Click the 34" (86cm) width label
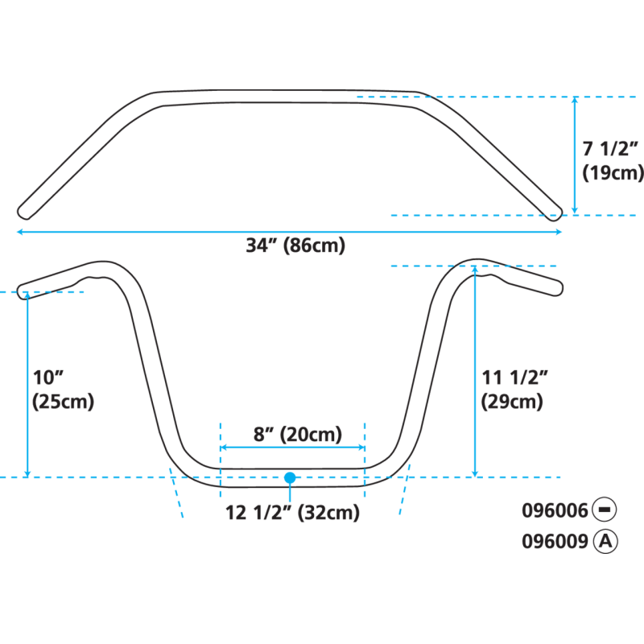click(x=295, y=246)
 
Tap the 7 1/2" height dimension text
click(x=611, y=149)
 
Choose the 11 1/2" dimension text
click(x=514, y=377)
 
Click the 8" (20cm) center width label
click(x=292, y=434)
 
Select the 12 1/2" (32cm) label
click(x=292, y=513)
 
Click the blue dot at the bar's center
click(x=290, y=477)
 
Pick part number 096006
click(x=555, y=510)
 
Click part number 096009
click(x=555, y=541)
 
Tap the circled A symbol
click(x=606, y=541)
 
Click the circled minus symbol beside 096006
click(x=606, y=510)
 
